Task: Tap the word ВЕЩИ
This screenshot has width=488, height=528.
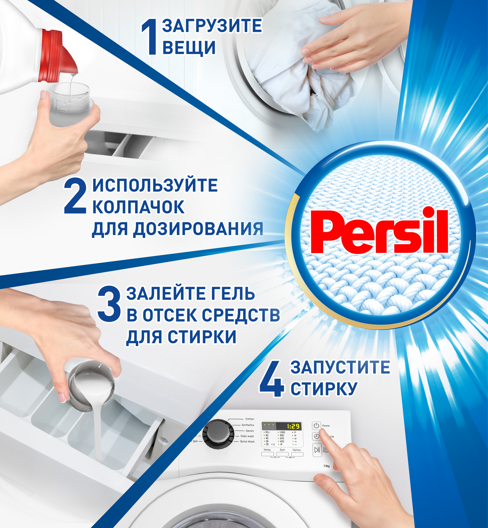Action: [189, 47]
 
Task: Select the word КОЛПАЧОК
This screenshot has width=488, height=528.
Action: [138, 207]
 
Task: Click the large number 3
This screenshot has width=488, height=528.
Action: [109, 305]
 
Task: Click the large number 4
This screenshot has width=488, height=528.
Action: [272, 379]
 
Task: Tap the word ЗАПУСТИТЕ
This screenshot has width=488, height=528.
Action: [340, 367]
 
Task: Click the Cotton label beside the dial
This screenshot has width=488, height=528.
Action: [249, 419]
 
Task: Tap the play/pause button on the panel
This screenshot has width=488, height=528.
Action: [317, 450]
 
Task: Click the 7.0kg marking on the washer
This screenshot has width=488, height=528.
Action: [327, 466]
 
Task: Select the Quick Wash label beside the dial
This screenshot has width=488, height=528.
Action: [247, 441]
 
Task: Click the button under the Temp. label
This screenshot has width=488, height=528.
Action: [267, 455]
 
